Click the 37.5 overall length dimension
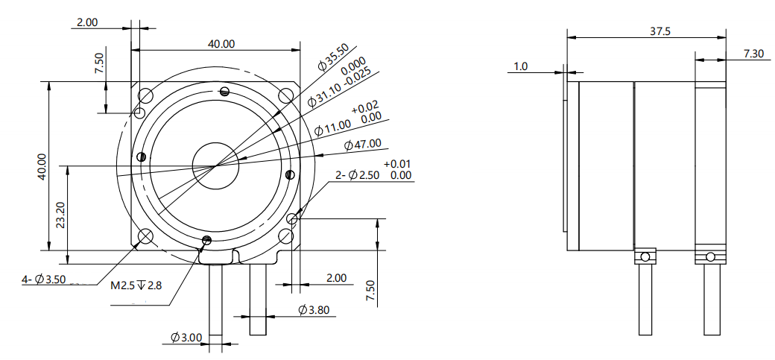(659, 31)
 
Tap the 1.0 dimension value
(520, 67)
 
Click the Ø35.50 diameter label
(332, 58)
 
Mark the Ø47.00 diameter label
(363, 144)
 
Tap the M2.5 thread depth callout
(136, 285)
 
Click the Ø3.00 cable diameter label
(186, 338)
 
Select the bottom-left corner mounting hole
(145, 236)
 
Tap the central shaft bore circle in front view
(215, 165)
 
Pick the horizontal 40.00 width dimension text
(221, 44)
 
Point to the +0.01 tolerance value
(397, 164)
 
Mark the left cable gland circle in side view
(645, 257)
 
